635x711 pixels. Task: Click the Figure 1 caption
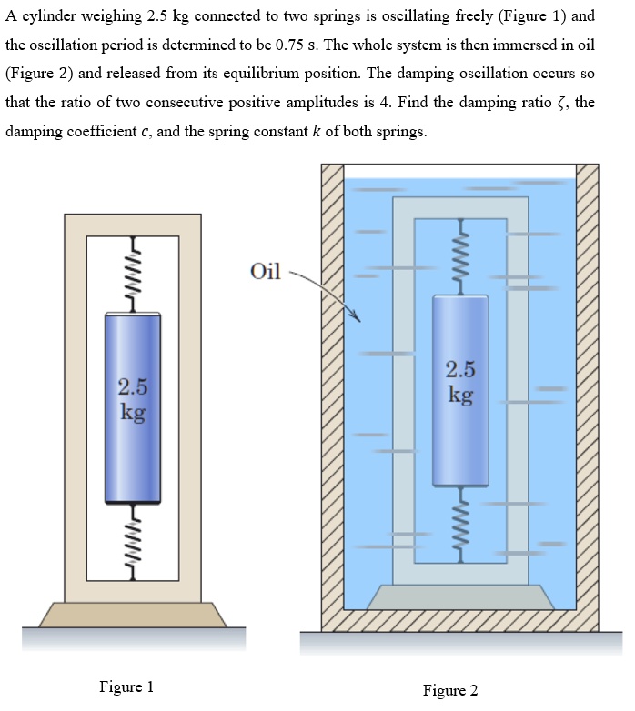click(126, 686)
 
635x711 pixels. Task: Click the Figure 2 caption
click(449, 690)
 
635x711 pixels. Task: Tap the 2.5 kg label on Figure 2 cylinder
click(460, 381)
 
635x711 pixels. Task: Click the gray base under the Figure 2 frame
click(460, 596)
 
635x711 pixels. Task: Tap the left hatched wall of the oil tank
click(332, 391)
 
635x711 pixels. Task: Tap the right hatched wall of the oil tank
click(588, 391)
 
